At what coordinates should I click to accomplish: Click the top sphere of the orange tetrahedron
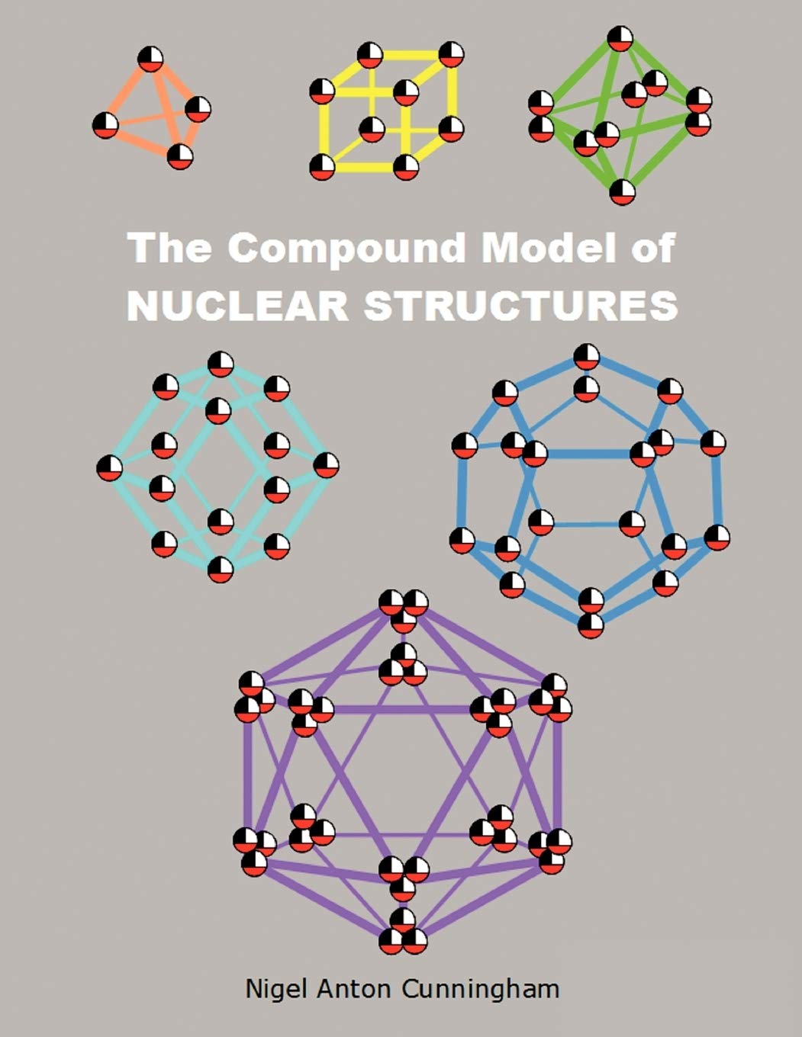pyautogui.click(x=150, y=59)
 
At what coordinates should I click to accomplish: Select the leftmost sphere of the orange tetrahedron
pyautogui.click(x=106, y=124)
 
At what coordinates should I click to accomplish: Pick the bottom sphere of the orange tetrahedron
pyautogui.click(x=180, y=156)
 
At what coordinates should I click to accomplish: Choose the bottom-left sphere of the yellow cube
pyautogui.click(x=322, y=166)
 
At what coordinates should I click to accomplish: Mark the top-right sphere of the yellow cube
pyautogui.click(x=451, y=53)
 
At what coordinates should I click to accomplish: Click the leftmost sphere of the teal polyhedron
pyautogui.click(x=110, y=467)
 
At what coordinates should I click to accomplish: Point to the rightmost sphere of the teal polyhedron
pyautogui.click(x=326, y=465)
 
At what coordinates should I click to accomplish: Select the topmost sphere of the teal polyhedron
pyautogui.click(x=221, y=364)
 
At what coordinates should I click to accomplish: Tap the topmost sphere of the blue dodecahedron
pyautogui.click(x=586, y=357)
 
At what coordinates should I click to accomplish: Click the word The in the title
pyautogui.click(x=169, y=248)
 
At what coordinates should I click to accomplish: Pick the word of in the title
pyautogui.click(x=654, y=248)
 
